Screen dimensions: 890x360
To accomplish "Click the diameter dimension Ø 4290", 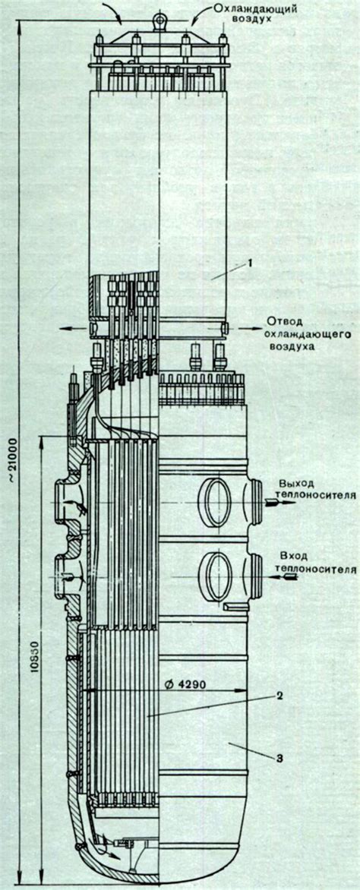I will coord(185,683).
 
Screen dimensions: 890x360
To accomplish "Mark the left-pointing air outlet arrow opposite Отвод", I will coord(72,328).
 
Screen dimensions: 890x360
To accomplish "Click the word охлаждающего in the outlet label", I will coord(304,333).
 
